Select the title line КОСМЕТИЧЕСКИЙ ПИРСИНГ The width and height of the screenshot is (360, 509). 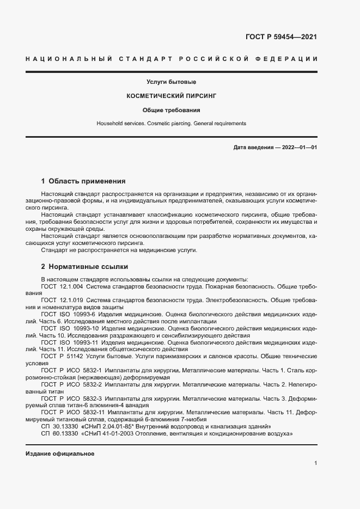pos(172,95)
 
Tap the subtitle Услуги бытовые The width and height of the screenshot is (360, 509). pos(172,82)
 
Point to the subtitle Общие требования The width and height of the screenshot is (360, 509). pos(172,109)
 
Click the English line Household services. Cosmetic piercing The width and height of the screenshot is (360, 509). pos(172,124)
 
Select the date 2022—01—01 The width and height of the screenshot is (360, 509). pos(298,148)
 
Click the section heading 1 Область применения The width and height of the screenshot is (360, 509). pos(83,181)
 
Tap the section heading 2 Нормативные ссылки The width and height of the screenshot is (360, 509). pos(84,267)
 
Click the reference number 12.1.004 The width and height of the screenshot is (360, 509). pos(71,285)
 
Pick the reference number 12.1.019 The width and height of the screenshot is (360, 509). pos(71,300)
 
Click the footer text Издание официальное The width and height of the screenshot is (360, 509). pos(60,453)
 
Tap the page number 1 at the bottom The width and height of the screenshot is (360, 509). pos(315,463)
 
